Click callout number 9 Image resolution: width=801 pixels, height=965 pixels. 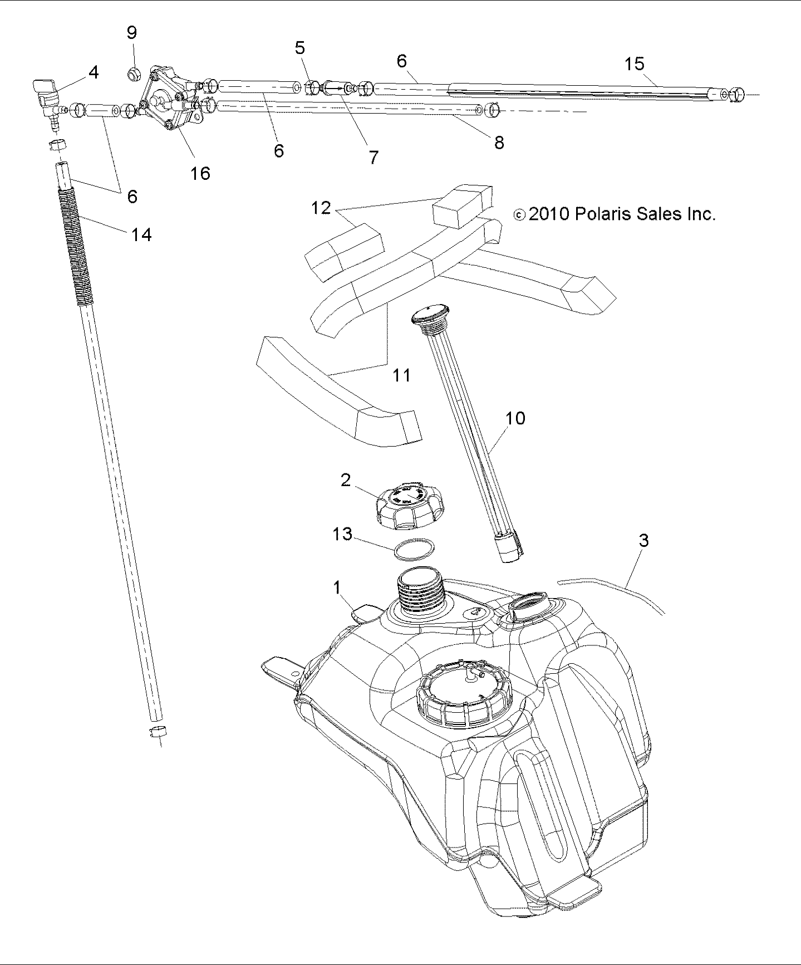pyautogui.click(x=132, y=33)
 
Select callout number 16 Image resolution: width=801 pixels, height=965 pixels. pyautogui.click(x=200, y=173)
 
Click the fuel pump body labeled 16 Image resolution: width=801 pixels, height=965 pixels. pyautogui.click(x=170, y=103)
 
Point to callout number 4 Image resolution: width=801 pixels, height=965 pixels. pyautogui.click(x=94, y=72)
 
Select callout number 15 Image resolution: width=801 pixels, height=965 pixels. pyautogui.click(x=634, y=63)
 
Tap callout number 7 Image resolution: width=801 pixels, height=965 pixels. pyautogui.click(x=374, y=158)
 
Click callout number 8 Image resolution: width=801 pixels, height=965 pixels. pyautogui.click(x=499, y=143)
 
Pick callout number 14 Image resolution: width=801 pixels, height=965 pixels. pyautogui.click(x=141, y=234)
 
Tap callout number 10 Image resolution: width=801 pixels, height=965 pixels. pyautogui.click(x=515, y=418)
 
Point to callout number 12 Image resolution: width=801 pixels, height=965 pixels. pyautogui.click(x=321, y=208)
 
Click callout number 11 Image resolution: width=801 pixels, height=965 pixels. pyautogui.click(x=401, y=375)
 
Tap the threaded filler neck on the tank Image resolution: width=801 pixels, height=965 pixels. pyautogui.click(x=420, y=594)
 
